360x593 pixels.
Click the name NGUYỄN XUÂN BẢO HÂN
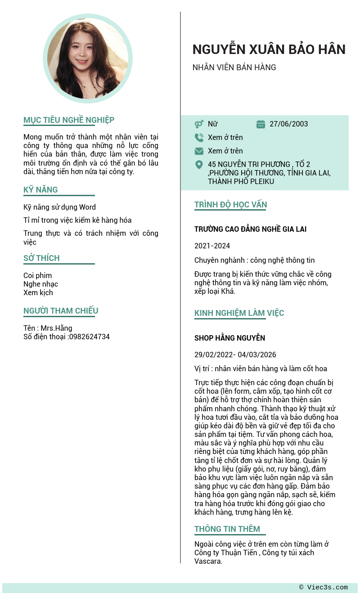[269, 49]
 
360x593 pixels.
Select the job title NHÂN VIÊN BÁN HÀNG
[234, 67]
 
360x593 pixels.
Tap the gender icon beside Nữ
[199, 124]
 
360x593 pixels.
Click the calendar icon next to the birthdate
[261, 124]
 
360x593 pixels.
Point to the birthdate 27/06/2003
[288, 124]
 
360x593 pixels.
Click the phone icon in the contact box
[199, 137]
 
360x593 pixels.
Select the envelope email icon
[199, 151]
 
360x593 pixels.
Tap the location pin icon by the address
[199, 165]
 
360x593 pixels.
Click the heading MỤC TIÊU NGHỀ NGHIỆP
[69, 120]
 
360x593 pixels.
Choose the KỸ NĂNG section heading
[40, 189]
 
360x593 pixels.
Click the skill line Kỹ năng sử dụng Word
[59, 207]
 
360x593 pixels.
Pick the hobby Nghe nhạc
[40, 284]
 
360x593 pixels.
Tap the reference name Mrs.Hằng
[56, 328]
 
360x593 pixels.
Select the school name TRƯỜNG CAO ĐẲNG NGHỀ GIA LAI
[250, 229]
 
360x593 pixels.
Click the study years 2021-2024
[212, 246]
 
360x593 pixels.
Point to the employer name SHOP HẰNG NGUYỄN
[229, 338]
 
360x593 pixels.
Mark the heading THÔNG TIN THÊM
[227, 529]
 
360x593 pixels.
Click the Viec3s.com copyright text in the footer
[324, 587]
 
